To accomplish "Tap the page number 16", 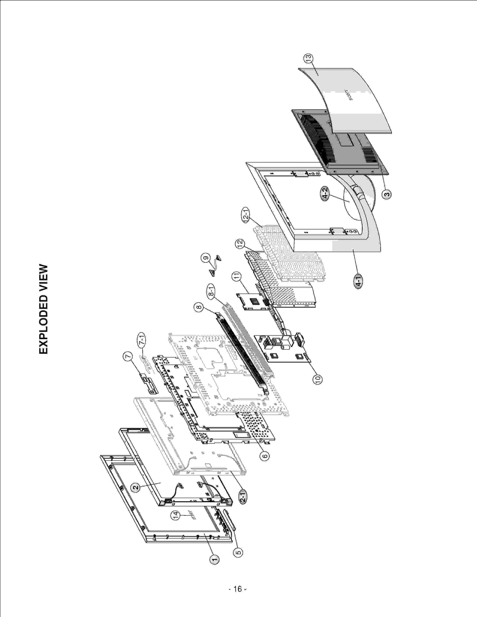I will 238,589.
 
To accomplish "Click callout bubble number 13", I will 308,58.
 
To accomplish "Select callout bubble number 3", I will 387,195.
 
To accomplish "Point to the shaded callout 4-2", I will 325,194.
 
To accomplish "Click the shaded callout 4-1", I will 359,282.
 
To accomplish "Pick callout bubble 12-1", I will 246,215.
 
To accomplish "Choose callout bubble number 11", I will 237,277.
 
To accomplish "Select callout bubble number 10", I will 318,379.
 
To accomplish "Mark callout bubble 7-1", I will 142,340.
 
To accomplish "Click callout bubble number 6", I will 264,456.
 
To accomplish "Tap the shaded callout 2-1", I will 243,497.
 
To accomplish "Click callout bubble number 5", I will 238,552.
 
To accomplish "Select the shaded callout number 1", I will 214,559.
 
